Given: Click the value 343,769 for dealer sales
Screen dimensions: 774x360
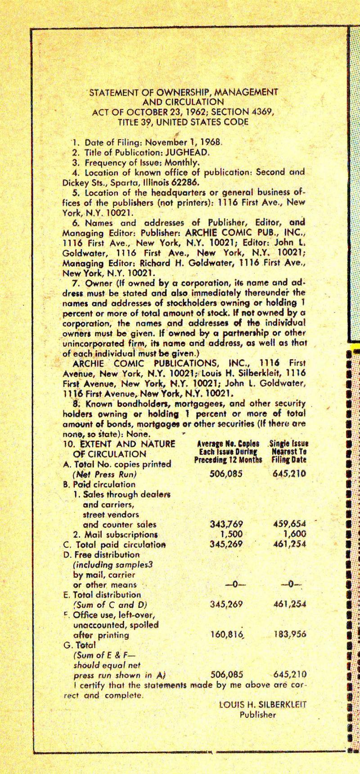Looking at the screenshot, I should click(226, 524).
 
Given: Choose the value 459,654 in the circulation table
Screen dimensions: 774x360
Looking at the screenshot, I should click(289, 524).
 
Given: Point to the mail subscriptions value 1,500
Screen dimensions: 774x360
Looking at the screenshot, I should click(231, 534).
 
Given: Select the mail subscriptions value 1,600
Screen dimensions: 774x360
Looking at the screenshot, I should click(295, 534).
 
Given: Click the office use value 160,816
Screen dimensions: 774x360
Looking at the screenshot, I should click(227, 635).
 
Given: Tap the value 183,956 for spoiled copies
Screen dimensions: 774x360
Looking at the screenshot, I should click(290, 635).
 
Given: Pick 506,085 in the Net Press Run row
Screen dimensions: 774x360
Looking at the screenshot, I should click(226, 473).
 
